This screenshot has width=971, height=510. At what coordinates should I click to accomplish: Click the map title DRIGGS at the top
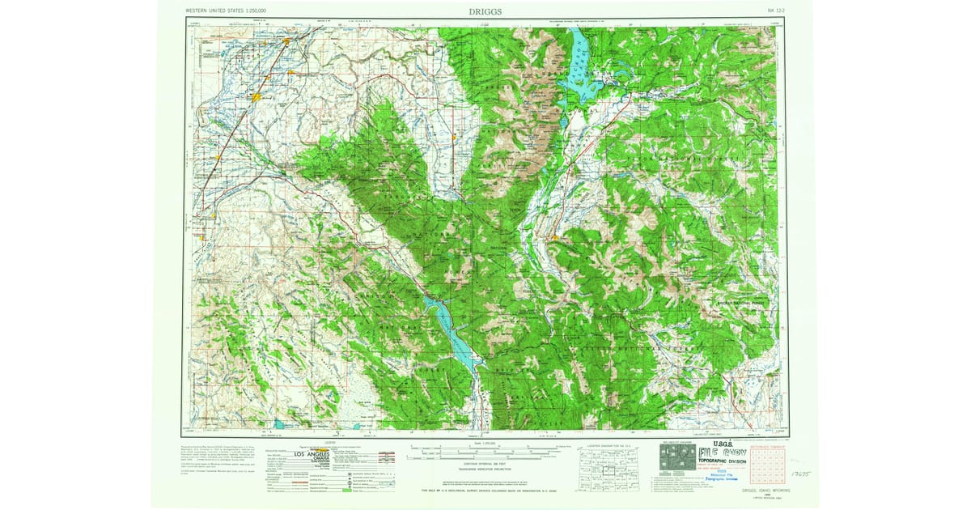point(485,12)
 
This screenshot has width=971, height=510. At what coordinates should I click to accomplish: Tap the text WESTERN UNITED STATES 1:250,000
point(226,11)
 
